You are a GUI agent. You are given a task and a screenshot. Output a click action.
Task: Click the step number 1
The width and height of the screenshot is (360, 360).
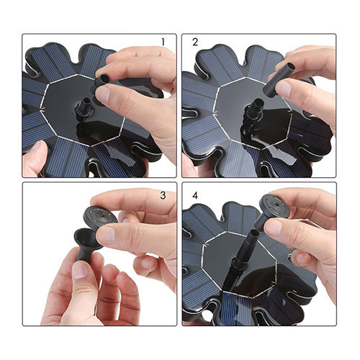click(x=163, y=42)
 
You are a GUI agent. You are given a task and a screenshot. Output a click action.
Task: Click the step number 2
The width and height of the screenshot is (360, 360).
click(x=195, y=42)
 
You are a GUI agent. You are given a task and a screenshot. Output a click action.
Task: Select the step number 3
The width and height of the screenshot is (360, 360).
click(x=163, y=195)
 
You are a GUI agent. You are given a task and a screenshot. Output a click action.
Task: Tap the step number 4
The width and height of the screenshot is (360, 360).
click(x=195, y=195)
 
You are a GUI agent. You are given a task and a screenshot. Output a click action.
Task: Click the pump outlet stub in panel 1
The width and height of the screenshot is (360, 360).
click(x=84, y=109)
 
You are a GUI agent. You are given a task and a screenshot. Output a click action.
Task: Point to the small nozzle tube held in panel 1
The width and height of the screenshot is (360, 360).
click(x=103, y=80)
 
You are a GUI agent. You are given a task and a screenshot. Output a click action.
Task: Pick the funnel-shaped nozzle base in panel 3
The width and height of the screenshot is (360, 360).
click(x=86, y=243)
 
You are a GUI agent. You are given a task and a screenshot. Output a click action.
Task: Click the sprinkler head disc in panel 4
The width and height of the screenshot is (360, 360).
click(x=276, y=204)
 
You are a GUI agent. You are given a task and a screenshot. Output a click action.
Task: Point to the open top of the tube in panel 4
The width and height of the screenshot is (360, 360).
click(x=254, y=233)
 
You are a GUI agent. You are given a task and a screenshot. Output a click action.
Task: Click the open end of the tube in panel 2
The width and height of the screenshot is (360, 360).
click(x=290, y=66)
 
